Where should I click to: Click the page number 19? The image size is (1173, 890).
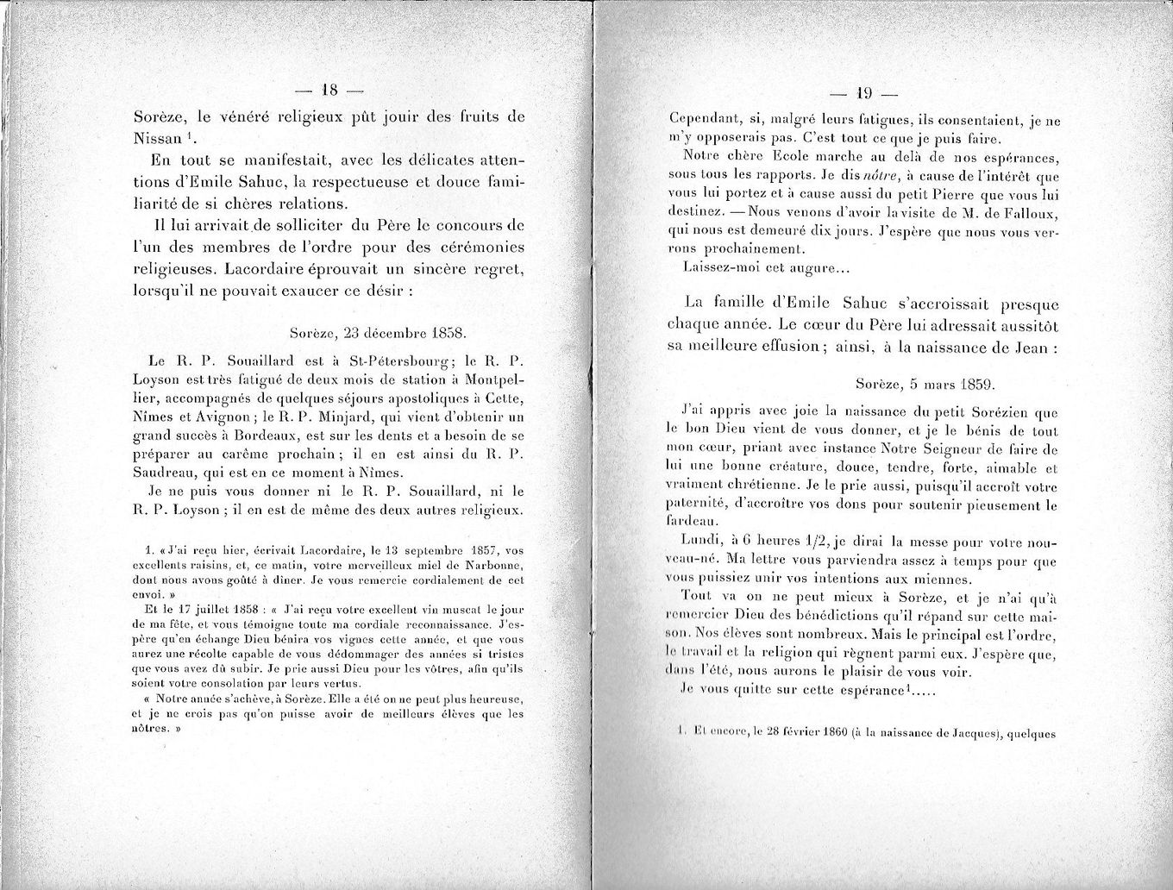coord(863,93)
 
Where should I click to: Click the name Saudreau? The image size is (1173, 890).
coord(164,473)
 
